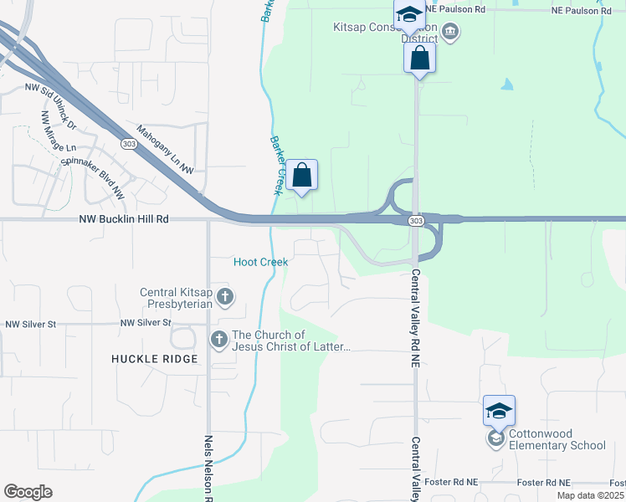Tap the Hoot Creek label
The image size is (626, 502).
coord(260,262)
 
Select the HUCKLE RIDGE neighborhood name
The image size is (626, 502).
coord(155,359)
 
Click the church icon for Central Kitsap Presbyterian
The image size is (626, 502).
coord(225,296)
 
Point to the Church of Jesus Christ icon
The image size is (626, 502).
coord(218,339)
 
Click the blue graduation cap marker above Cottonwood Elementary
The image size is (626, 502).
coord(499,411)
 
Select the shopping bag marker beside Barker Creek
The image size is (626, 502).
coord(302,175)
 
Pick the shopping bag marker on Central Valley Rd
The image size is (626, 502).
coord(419,58)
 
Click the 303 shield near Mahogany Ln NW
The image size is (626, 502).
coord(128,143)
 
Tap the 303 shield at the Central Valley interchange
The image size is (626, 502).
coord(416,220)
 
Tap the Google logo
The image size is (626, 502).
coord(28,492)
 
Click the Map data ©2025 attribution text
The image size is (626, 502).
coord(589,495)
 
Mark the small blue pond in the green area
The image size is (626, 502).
coord(507,85)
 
